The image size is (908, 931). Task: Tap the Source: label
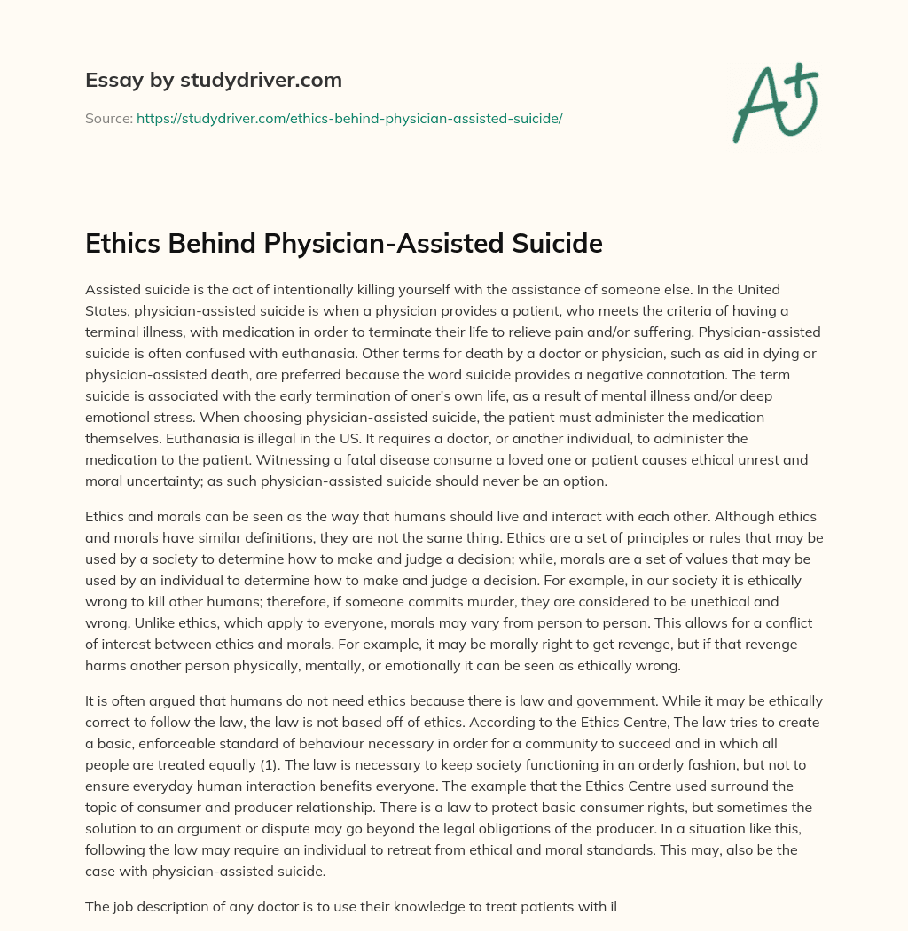click(108, 118)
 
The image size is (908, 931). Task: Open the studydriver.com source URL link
click(349, 118)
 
